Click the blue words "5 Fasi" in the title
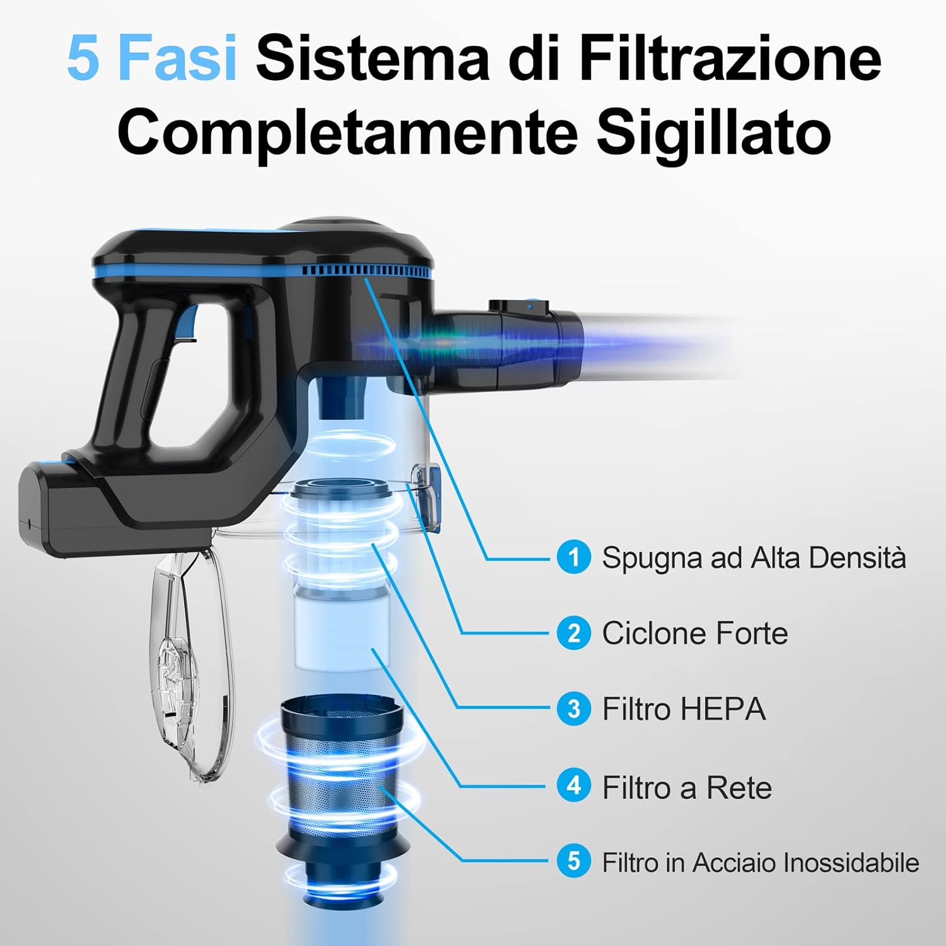pos(151,59)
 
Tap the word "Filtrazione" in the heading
pos(730,58)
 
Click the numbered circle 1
pos(574,557)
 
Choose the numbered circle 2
pos(574,633)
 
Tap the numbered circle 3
pos(574,708)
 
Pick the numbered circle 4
pos(574,786)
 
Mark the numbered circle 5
pos(574,861)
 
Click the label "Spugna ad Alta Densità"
pos(754,558)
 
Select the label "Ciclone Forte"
pos(695,633)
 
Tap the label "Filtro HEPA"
pos(684,709)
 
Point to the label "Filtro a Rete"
pos(687,787)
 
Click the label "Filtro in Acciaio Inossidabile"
pos(760,862)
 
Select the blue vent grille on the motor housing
pos(366,271)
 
